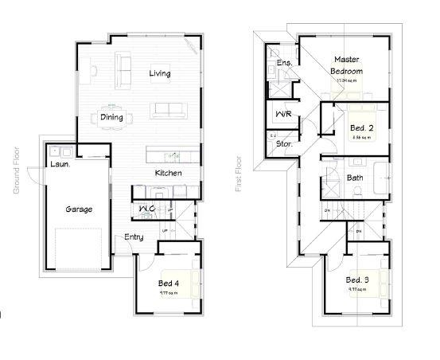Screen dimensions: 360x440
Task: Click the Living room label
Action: point(160,74)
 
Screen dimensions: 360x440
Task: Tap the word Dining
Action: point(111,117)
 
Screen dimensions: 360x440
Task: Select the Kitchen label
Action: point(168,173)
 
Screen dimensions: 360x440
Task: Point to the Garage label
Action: point(79,209)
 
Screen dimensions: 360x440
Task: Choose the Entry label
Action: point(134,237)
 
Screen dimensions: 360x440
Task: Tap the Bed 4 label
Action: point(168,284)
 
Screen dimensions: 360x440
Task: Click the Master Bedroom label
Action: point(347,65)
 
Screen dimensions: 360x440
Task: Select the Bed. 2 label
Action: point(359,127)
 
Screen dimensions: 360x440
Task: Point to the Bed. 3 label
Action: point(356,280)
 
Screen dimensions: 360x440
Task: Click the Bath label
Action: point(355,178)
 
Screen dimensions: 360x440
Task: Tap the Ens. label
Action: point(283,62)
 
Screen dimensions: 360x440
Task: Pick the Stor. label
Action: point(284,144)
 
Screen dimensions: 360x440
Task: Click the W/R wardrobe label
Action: point(282,115)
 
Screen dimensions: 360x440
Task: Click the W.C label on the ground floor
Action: point(146,209)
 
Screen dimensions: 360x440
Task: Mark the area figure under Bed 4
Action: point(167,292)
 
